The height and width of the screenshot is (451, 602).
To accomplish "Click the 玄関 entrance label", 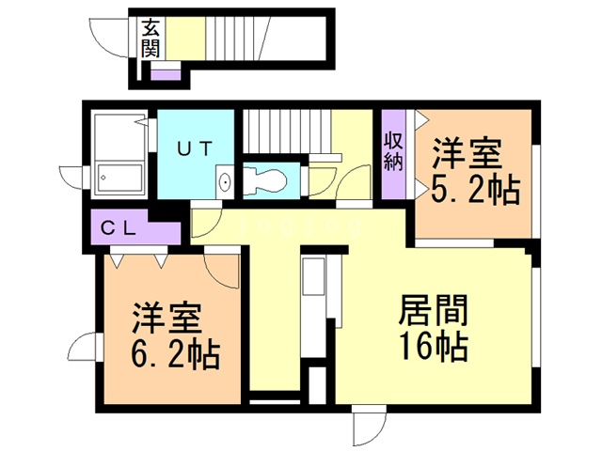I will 150,38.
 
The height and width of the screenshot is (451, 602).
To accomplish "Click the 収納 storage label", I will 393,151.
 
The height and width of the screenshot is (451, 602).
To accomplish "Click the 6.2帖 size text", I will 176,355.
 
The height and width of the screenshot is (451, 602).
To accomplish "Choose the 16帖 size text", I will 434,348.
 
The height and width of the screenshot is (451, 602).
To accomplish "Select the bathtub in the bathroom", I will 119,179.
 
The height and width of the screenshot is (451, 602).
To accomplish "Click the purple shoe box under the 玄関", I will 166,70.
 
